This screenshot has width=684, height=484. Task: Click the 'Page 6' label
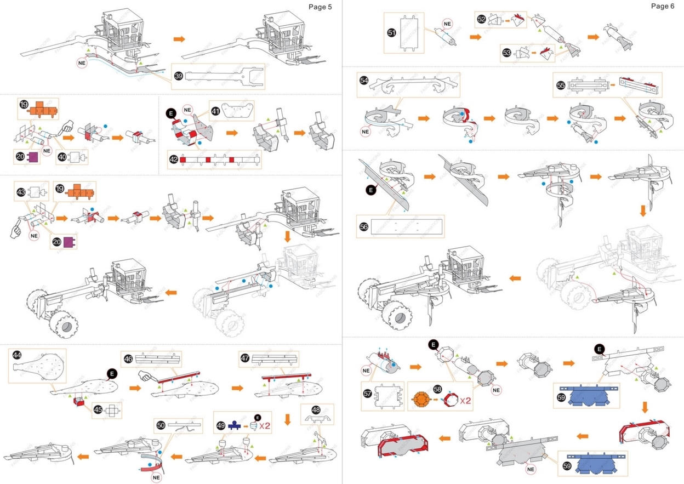663,6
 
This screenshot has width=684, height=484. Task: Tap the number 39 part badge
178,77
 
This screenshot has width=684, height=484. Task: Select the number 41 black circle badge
215,111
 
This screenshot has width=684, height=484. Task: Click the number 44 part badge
17,356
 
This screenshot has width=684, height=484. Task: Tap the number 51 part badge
392,33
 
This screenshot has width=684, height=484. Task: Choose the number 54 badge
364,80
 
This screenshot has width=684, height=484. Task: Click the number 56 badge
364,226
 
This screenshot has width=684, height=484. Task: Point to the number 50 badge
160,425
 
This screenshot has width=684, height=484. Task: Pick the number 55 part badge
561,86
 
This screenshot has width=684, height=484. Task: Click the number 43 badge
21,192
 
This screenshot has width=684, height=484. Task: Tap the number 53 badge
507,53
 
